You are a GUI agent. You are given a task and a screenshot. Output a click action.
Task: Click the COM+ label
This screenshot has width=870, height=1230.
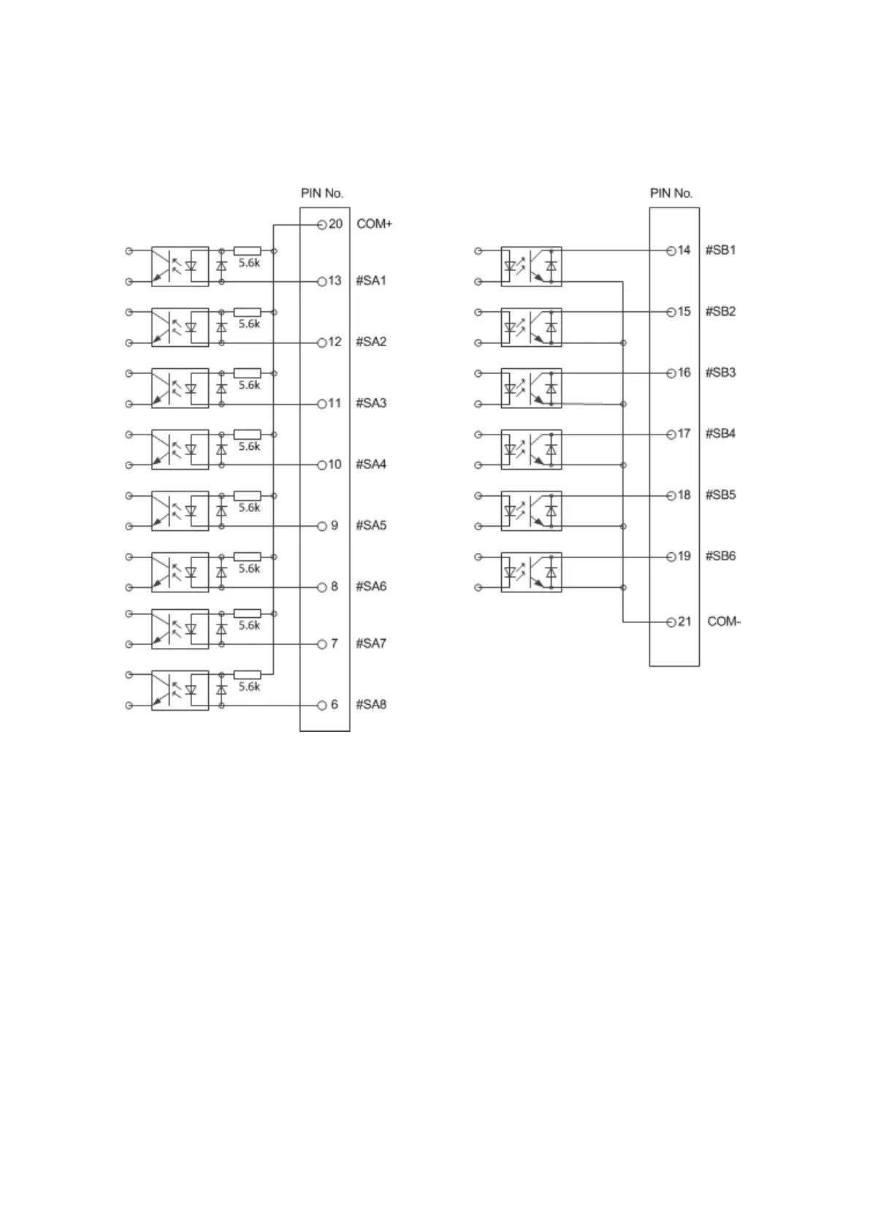click(374, 224)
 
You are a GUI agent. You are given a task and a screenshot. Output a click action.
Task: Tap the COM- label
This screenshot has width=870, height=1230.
click(723, 622)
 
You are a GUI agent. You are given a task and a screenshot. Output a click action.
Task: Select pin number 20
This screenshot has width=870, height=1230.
click(335, 224)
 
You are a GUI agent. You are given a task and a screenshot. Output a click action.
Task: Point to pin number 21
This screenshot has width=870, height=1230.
click(684, 622)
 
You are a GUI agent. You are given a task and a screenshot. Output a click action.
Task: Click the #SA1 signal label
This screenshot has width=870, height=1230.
click(370, 280)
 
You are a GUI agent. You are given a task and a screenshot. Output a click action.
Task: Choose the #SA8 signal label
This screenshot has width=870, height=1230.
click(370, 705)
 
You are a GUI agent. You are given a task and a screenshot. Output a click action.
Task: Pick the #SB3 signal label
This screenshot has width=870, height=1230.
click(720, 373)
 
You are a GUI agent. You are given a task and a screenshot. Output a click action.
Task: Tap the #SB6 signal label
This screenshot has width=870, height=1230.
click(720, 556)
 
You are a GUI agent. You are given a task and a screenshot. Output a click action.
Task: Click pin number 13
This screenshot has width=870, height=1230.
click(335, 280)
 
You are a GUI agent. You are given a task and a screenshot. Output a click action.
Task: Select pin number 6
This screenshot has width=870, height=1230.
click(335, 705)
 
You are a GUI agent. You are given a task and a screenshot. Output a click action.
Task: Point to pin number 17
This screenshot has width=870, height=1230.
click(684, 434)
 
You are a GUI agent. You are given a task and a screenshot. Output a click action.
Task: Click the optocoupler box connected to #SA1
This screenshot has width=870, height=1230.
click(180, 266)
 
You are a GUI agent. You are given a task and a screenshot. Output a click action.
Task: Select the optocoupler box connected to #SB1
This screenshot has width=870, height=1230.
click(531, 265)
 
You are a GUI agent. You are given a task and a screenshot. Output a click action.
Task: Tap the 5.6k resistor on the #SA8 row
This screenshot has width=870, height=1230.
click(247, 675)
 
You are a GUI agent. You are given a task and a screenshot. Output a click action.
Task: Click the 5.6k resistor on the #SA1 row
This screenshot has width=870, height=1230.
click(247, 251)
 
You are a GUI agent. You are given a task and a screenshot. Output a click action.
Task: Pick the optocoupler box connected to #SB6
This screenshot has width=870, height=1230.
click(531, 571)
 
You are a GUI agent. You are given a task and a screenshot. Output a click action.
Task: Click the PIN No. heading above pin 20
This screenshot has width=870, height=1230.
click(322, 194)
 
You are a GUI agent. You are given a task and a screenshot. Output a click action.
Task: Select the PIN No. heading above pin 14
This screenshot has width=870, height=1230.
click(671, 194)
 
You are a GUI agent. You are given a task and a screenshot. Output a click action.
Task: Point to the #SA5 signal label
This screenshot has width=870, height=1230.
click(370, 525)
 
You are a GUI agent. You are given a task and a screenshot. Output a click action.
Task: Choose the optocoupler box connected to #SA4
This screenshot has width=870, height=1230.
click(180, 449)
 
